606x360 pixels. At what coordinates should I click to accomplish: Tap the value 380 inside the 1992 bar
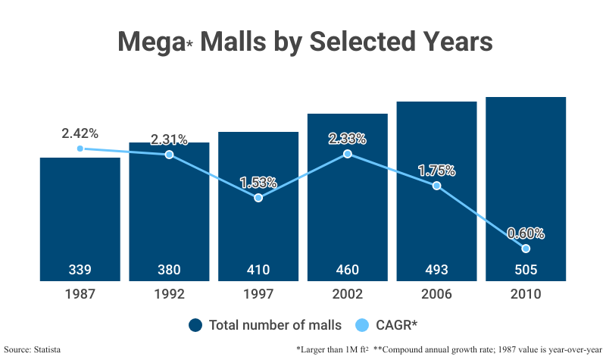click(169, 269)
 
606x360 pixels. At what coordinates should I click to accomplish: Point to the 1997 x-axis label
click(258, 294)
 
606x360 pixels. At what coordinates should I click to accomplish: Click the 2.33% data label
click(347, 139)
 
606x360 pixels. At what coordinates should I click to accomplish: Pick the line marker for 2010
click(526, 249)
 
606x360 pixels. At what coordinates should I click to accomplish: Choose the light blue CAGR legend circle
click(362, 325)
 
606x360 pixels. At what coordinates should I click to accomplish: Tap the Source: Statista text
click(32, 349)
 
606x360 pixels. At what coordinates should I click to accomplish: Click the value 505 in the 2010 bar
click(526, 269)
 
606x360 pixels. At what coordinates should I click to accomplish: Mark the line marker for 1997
click(258, 198)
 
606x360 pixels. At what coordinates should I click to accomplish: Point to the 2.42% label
click(80, 133)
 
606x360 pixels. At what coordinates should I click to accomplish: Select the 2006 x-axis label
click(436, 294)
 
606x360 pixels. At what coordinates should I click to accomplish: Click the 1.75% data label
click(436, 171)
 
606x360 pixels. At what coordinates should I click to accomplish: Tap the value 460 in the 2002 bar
click(347, 269)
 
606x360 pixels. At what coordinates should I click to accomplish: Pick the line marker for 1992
click(169, 155)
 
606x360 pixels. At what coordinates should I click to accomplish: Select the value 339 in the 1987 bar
click(80, 269)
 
